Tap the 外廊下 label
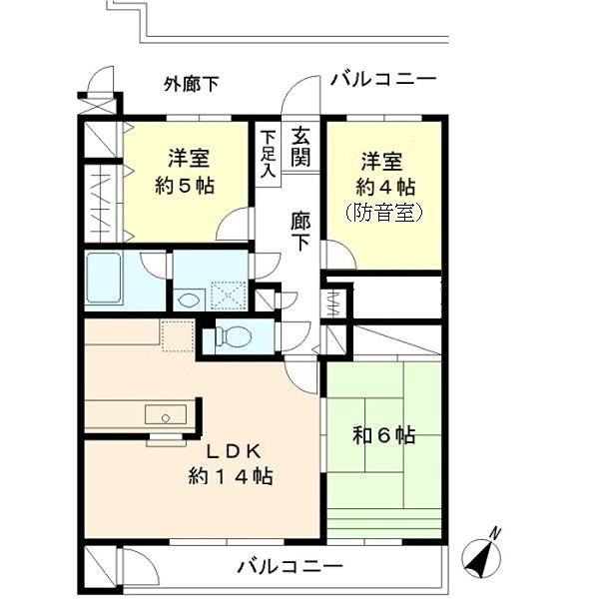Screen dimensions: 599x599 191,84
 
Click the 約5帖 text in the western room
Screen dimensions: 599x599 186,185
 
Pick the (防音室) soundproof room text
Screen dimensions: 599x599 382,212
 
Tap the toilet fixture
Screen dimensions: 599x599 229,337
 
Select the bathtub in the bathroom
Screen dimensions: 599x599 103,280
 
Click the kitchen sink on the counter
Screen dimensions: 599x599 161,414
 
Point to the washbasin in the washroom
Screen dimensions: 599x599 187,297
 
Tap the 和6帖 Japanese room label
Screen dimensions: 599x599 383,435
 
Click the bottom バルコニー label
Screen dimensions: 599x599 290,567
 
